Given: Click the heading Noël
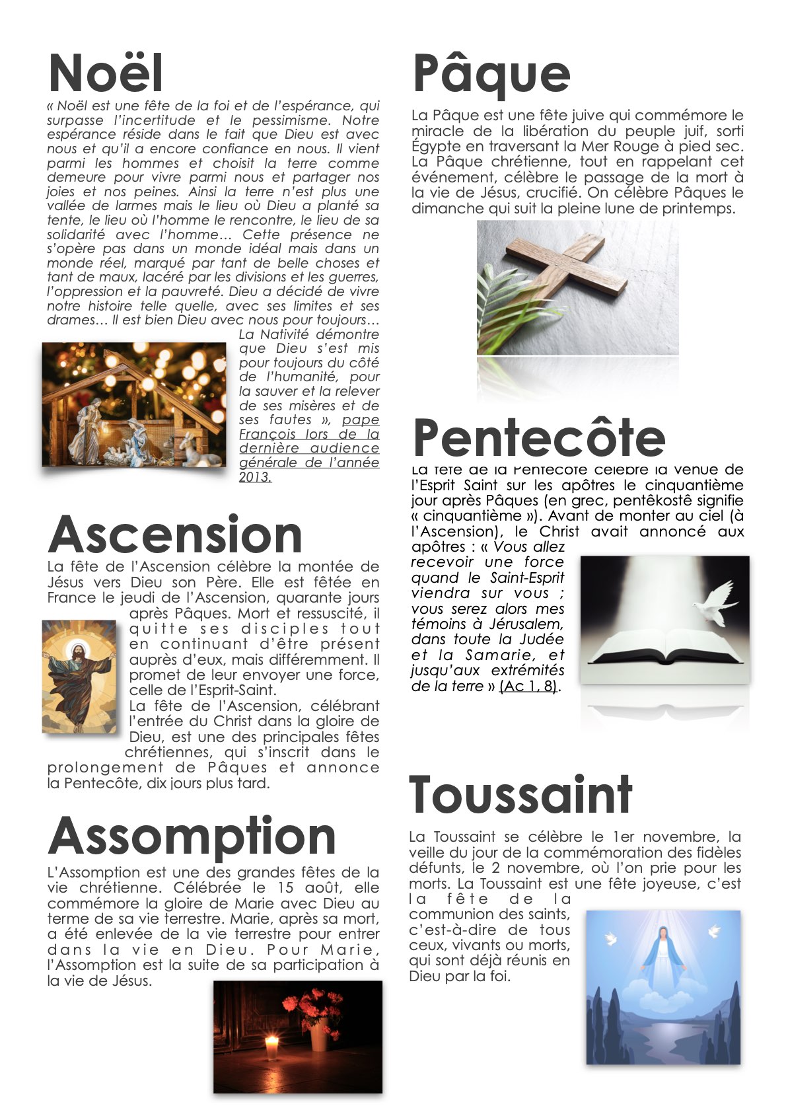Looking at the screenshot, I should coord(106,73).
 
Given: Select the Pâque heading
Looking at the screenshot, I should coord(491,74).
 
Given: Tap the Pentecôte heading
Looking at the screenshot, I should coord(539,437).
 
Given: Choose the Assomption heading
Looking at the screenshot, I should coord(192,836).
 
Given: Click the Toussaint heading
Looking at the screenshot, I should coord(520,794).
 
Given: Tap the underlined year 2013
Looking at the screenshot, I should coord(255,476).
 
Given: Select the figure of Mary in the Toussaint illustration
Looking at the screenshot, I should coord(662,958).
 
